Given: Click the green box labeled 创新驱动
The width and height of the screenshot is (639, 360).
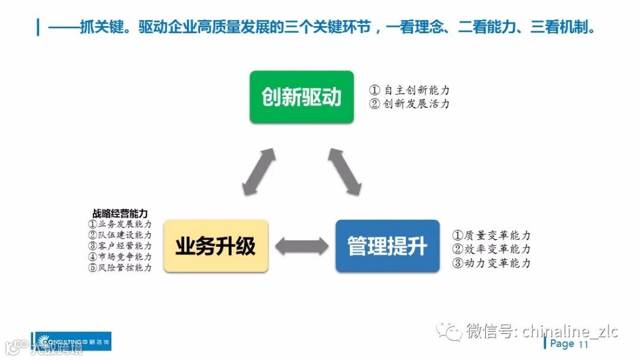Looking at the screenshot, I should (x=301, y=97).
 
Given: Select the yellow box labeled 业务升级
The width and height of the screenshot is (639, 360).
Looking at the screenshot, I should (x=215, y=246).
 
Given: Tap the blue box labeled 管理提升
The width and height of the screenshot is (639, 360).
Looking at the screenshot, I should (x=388, y=246).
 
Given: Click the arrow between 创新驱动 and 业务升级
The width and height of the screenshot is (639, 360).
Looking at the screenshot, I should (x=259, y=172).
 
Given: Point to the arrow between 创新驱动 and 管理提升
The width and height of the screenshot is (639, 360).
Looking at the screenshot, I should (x=344, y=171).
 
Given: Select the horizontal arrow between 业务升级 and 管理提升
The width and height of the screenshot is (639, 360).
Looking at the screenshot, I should (x=302, y=246).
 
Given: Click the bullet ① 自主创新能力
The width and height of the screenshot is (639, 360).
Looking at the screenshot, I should (x=409, y=91).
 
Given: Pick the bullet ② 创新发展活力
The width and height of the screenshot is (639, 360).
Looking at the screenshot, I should (x=409, y=104).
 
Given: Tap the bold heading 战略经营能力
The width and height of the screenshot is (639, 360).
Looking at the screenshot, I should (x=120, y=213).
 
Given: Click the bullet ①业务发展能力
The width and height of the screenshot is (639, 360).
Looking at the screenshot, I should (x=120, y=224).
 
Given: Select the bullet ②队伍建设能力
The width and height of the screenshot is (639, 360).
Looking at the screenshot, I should (x=120, y=235).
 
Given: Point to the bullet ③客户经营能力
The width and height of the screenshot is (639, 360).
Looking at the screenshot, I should (x=120, y=246).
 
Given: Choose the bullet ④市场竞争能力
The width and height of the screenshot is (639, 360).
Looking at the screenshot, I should (x=120, y=256).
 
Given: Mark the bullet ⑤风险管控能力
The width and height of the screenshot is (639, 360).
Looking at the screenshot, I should (x=120, y=267).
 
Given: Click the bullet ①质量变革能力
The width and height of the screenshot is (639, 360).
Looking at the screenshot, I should (x=491, y=236).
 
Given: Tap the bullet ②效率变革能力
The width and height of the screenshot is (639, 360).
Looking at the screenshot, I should (x=491, y=249).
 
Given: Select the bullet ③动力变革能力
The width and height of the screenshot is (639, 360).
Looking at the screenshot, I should (x=491, y=263).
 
